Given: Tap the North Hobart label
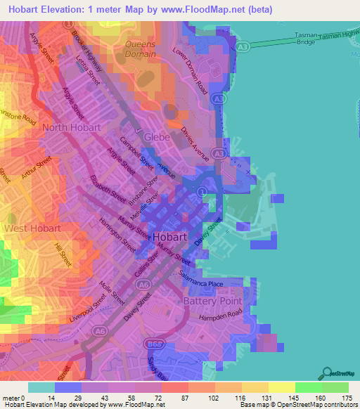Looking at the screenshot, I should [72, 128].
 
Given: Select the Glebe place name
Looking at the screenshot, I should [157, 137].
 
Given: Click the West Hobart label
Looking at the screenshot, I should [31, 228].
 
